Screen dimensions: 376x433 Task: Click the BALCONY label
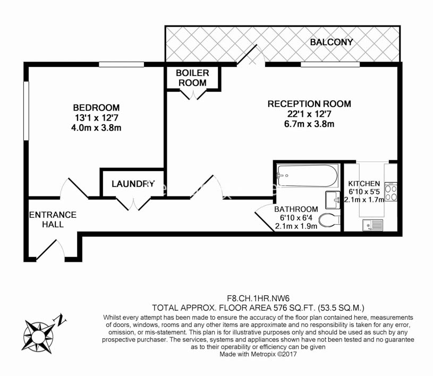[x=332, y=42]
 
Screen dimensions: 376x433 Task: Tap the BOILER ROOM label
[x=192, y=78]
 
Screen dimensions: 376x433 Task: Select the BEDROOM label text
[x=97, y=108]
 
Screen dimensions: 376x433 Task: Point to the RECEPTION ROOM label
[x=309, y=104]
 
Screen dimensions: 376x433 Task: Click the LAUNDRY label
[x=133, y=184]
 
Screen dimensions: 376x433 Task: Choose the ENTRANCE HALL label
[x=53, y=219]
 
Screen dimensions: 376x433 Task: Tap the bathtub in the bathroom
[x=307, y=175]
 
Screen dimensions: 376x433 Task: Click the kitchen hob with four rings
[x=390, y=192]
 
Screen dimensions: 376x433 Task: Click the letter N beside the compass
[x=62, y=320]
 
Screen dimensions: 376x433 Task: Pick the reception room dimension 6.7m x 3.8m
[x=309, y=124]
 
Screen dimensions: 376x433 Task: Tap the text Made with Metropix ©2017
[x=258, y=353]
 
